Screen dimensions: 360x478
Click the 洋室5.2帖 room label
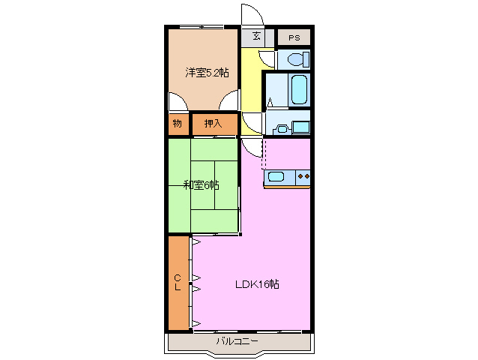208,72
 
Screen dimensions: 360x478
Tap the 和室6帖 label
202,185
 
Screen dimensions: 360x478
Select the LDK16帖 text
257,284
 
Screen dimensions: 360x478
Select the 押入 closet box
214,124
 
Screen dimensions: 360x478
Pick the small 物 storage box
178,124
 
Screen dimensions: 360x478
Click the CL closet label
178,282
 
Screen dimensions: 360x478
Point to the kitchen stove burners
303,177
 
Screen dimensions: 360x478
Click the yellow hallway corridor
251,90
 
